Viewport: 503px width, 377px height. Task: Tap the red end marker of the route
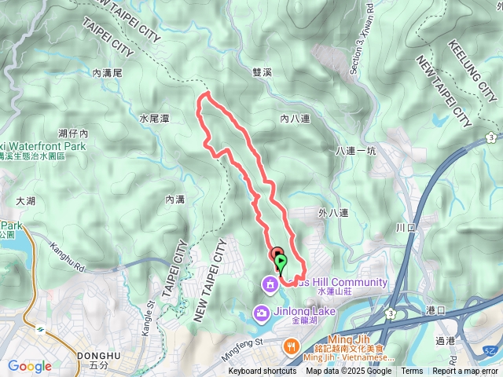(x=277, y=254)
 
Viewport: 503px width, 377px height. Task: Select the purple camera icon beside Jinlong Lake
(x=259, y=314)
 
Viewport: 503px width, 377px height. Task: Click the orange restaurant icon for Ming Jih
(x=291, y=345)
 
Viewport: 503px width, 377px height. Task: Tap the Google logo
(x=29, y=366)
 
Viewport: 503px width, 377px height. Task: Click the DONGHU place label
(x=99, y=356)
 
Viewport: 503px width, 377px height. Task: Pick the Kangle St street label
(x=152, y=299)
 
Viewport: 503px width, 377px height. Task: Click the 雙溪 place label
(x=262, y=71)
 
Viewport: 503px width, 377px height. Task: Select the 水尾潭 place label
(x=154, y=118)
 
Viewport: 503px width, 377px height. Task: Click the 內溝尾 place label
(x=108, y=72)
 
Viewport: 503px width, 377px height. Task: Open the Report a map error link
(x=465, y=372)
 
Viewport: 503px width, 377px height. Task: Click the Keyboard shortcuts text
(x=263, y=372)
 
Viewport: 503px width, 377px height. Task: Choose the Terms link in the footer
(x=412, y=372)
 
